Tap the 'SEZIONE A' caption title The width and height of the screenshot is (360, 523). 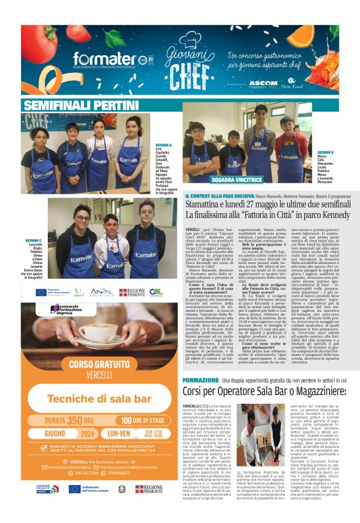pyautogui.click(x=164, y=144)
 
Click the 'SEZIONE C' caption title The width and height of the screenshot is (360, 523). pyautogui.click(x=34, y=240)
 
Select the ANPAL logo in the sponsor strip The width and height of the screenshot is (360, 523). pyautogui.click(x=102, y=292)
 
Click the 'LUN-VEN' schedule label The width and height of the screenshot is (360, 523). pyautogui.click(x=118, y=432)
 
